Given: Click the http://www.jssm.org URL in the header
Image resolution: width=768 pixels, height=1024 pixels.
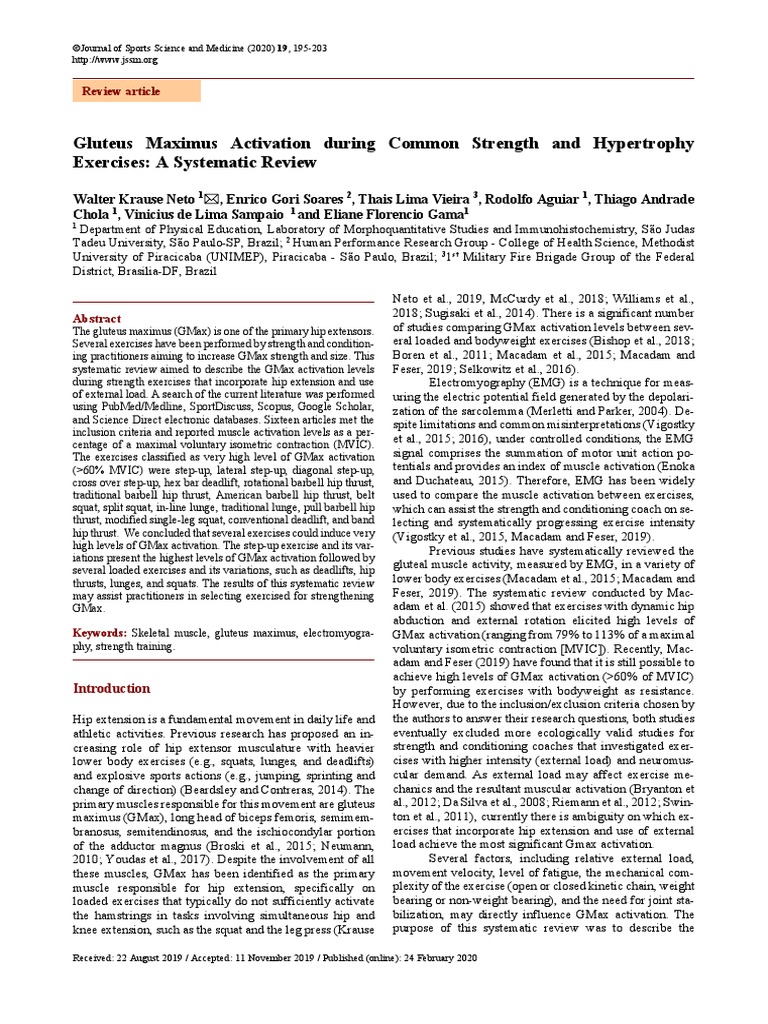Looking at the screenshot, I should point(115,59).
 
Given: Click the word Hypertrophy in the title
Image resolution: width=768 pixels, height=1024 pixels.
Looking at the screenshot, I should point(639,143).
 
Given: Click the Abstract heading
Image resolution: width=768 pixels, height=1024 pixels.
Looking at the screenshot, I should point(98,318).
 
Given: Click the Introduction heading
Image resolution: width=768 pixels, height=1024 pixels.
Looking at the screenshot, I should point(112,689).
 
